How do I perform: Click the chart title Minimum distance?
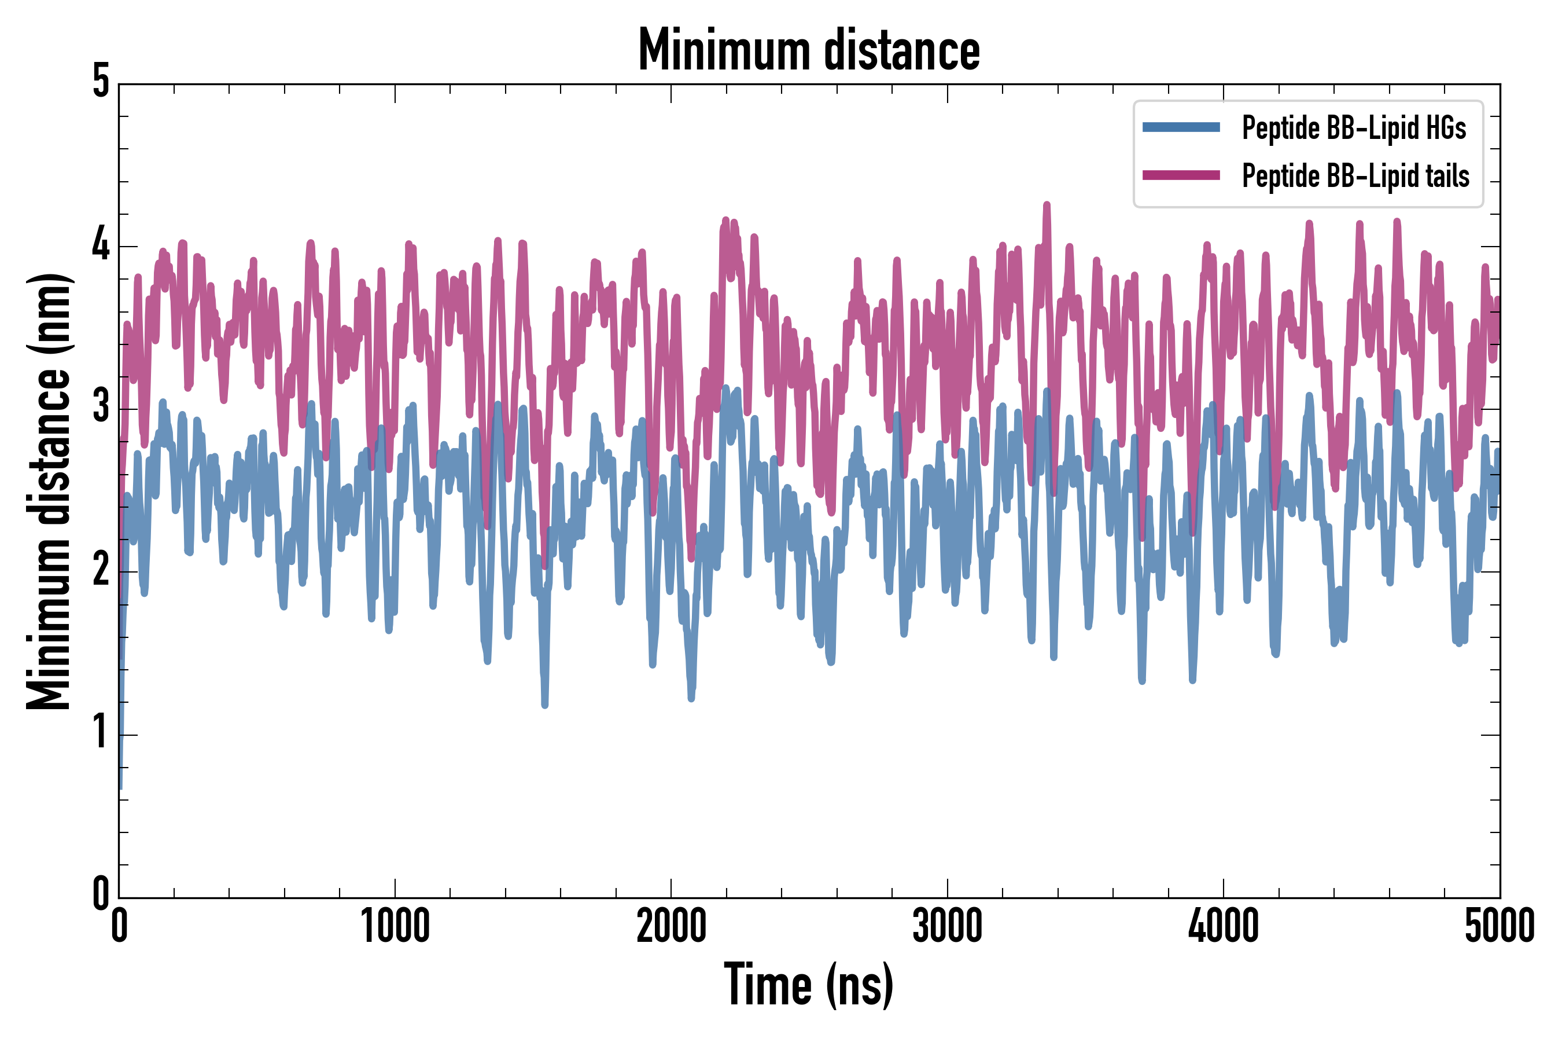click(808, 50)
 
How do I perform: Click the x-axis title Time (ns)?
click(808, 985)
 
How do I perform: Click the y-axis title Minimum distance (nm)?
click(48, 491)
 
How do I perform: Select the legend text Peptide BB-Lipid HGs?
click(1354, 127)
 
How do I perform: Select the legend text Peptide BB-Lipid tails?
click(1355, 176)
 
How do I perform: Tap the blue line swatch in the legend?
click(1181, 127)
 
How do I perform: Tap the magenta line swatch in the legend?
click(1181, 175)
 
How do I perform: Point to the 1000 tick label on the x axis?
click(395, 926)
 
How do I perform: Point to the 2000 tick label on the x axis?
click(671, 926)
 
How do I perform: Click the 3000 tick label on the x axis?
click(947, 926)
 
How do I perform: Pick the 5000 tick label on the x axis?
click(1499, 926)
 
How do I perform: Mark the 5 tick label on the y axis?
click(101, 82)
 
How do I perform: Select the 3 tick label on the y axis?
click(101, 408)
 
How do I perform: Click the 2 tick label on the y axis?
click(101, 570)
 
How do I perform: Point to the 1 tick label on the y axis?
click(101, 733)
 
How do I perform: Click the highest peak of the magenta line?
click(1047, 205)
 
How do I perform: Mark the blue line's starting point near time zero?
click(120, 787)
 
